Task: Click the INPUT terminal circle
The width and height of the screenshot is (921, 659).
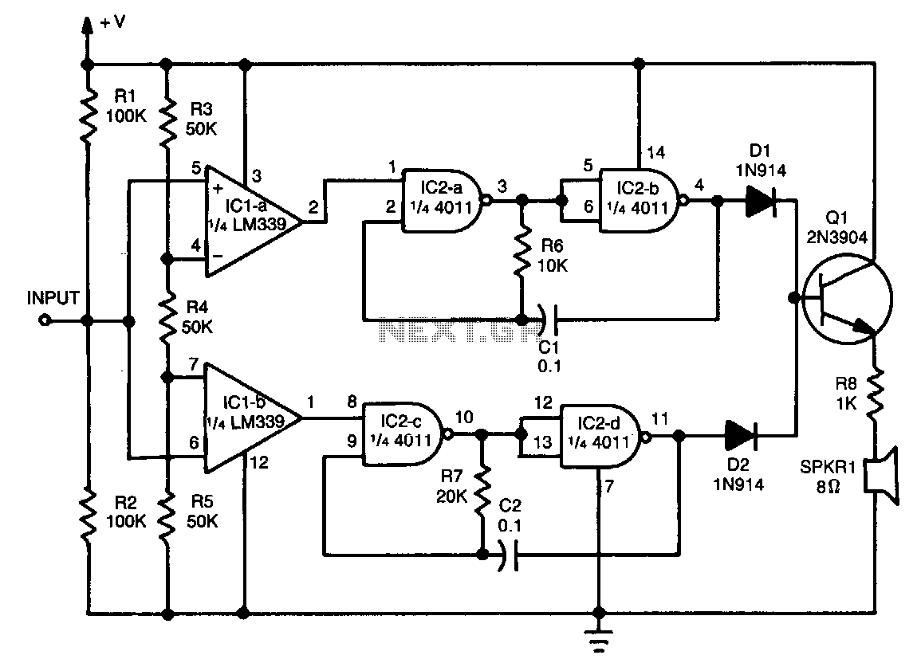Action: (x=45, y=321)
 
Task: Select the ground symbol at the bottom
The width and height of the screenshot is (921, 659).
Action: (x=599, y=641)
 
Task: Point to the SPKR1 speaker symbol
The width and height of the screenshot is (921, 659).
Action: (x=882, y=476)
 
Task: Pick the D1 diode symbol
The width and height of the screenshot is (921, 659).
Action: (x=761, y=202)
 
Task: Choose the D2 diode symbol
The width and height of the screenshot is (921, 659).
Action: (x=740, y=435)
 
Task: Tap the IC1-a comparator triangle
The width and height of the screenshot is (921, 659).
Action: (x=253, y=222)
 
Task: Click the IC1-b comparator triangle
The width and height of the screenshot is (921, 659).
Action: (x=253, y=418)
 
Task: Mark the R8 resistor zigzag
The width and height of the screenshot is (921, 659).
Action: (x=876, y=393)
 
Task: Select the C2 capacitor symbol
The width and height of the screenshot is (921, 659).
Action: (x=509, y=554)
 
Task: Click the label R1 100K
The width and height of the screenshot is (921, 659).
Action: (x=126, y=106)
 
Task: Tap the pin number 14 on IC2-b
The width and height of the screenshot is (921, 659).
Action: (x=656, y=152)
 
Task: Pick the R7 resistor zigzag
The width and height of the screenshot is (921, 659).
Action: (x=482, y=489)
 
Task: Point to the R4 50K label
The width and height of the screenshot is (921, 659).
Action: (x=198, y=317)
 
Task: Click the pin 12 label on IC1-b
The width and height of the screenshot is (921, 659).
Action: (x=259, y=462)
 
